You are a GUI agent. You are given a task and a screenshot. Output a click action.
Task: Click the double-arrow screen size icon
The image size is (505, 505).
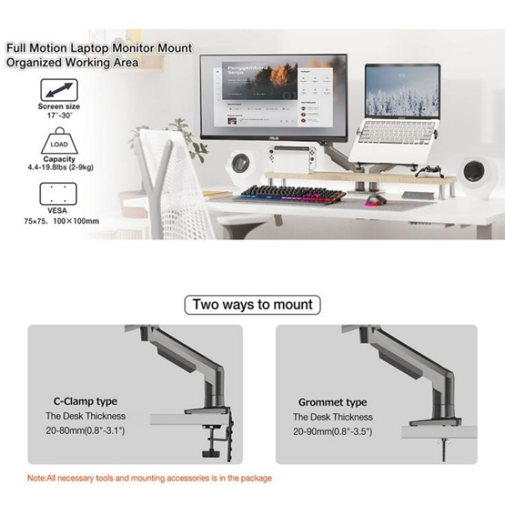pyautogui.click(x=59, y=90)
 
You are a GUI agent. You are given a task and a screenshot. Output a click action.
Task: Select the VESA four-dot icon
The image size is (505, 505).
pyautogui.click(x=59, y=194)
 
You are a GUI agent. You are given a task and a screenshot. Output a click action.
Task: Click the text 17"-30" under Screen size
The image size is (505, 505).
pyautogui.click(x=59, y=115)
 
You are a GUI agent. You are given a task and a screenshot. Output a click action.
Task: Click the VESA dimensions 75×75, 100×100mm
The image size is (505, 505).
pyautogui.click(x=59, y=221)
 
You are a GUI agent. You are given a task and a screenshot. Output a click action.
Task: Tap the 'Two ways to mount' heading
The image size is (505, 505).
pyautogui.click(x=252, y=304)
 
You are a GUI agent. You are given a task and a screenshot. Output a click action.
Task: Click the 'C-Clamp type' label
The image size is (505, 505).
pyautogui.click(x=85, y=401)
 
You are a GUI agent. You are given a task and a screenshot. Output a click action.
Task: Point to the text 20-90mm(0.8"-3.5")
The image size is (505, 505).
pyautogui.click(x=333, y=432)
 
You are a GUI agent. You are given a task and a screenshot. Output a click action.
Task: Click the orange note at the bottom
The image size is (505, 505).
pyautogui.click(x=149, y=478)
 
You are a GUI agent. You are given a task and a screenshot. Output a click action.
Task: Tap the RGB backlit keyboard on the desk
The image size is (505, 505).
pyautogui.click(x=290, y=193)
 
